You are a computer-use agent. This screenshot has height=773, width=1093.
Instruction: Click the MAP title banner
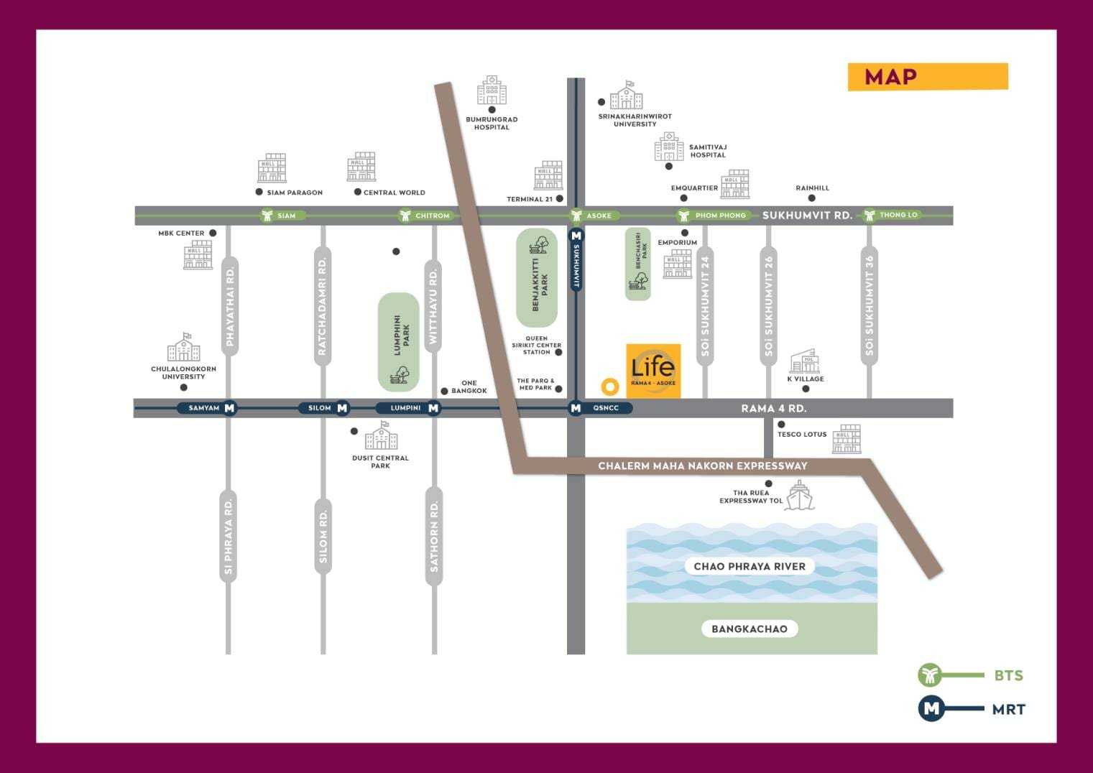pos(928,77)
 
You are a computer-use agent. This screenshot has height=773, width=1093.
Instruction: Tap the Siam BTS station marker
pos(267,215)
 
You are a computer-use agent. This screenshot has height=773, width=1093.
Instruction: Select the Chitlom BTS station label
pos(433,216)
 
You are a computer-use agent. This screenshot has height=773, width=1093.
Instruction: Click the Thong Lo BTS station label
pos(898,215)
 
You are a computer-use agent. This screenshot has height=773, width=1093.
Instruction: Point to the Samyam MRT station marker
pos(229,408)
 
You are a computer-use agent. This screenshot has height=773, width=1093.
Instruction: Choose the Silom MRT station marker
pos(342,408)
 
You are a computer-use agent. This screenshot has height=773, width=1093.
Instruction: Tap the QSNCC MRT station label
pos(606,408)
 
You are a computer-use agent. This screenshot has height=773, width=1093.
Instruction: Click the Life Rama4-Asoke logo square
pos(653,371)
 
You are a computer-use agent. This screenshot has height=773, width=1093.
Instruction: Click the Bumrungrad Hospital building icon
pos(492,91)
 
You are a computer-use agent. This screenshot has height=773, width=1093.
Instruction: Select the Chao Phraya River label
pos(750,566)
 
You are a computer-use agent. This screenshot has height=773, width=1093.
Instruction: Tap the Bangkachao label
pos(750,629)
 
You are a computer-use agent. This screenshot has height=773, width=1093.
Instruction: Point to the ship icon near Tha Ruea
pos(799,496)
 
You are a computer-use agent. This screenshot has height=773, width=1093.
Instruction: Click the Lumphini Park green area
pos(399,341)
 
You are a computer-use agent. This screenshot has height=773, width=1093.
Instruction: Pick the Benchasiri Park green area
pos(637,264)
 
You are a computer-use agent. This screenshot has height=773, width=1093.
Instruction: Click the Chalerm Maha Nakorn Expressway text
pos(703,466)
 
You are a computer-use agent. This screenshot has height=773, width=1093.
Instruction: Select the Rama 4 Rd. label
pos(774,408)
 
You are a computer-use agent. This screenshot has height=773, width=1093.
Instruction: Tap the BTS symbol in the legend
pos(930,675)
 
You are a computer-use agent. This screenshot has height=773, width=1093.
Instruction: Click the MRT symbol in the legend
pos(931,708)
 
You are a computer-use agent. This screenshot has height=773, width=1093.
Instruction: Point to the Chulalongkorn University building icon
pos(183,347)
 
